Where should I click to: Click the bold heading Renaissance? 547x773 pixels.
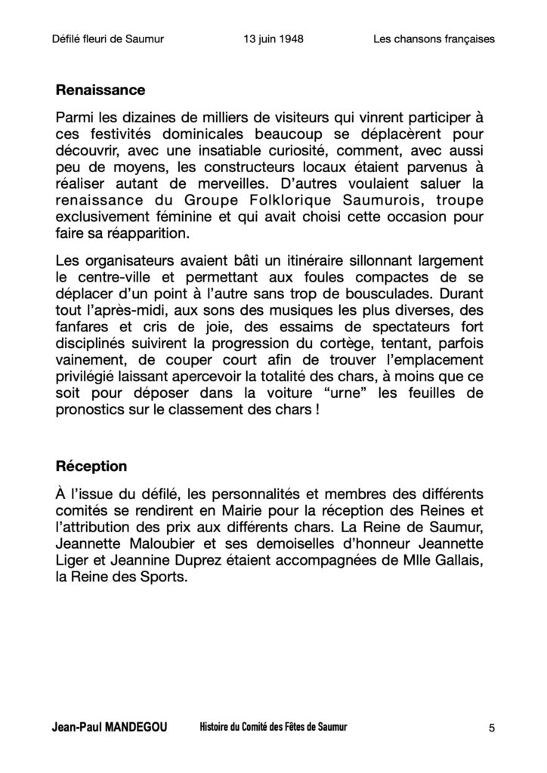click(100, 91)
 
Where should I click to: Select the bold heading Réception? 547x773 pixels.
click(91, 466)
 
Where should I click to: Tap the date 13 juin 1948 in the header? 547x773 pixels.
click(270, 38)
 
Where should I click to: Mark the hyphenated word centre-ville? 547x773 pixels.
click(110, 277)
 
